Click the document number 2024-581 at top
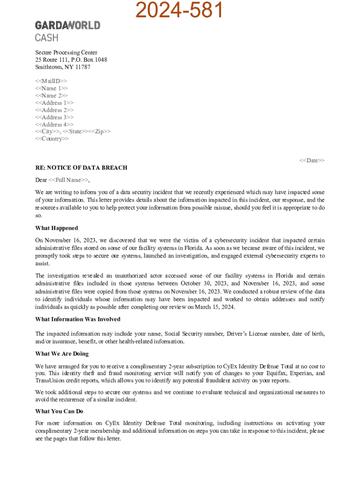point(180,10)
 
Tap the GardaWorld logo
point(67,25)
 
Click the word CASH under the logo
point(47,38)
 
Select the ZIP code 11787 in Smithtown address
point(82,67)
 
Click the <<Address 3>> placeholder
point(54,117)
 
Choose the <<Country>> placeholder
point(52,139)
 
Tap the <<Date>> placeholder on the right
point(312,160)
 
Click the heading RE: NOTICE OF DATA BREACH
point(81,167)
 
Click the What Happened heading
point(57,228)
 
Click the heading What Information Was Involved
point(78,319)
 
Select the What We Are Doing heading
point(62,354)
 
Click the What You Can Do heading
point(59,412)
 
